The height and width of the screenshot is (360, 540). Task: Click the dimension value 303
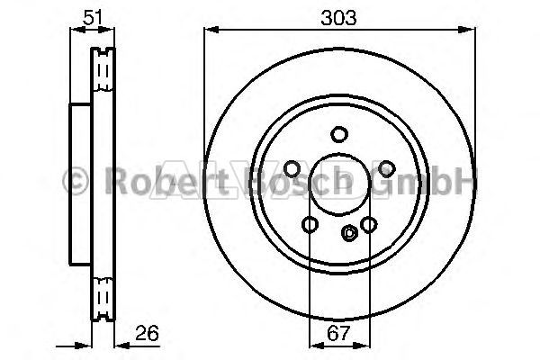click(338, 18)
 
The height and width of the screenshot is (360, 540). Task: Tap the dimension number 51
click(93, 17)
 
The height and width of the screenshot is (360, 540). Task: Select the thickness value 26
click(147, 333)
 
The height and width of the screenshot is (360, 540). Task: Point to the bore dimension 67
click(338, 333)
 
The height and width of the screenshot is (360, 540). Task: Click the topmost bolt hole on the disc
click(339, 134)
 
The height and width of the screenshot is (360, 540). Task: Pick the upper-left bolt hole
click(292, 169)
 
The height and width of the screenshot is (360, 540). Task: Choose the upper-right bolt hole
click(387, 169)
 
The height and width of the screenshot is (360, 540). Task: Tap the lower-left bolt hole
click(310, 225)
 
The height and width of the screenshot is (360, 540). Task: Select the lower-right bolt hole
click(368, 225)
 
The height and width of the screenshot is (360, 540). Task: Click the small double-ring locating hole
click(349, 233)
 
